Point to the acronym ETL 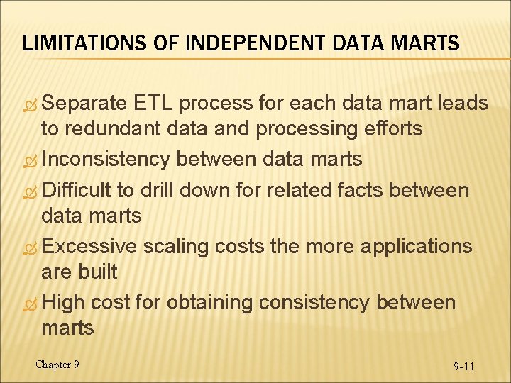152,104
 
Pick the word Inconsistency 106,159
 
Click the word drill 160,190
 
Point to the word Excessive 89,246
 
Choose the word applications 416,246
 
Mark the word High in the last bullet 63,302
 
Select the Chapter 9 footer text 57,365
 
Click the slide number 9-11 464,367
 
